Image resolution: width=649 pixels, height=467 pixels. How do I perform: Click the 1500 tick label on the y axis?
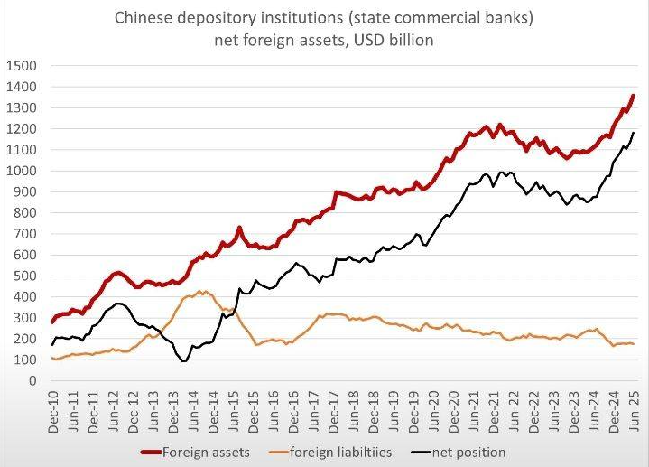tap(21, 65)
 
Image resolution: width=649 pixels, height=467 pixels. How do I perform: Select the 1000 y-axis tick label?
tap(21, 171)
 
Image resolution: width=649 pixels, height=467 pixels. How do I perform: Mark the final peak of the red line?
tap(633, 96)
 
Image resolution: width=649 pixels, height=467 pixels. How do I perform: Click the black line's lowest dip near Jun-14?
tap(184, 361)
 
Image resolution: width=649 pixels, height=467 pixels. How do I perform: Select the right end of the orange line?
tap(633, 344)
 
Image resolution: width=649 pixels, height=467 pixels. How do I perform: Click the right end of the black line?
tap(633, 133)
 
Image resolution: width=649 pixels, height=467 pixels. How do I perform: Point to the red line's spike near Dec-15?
tap(239, 228)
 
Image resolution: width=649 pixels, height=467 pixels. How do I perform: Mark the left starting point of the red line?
tap(52, 322)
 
